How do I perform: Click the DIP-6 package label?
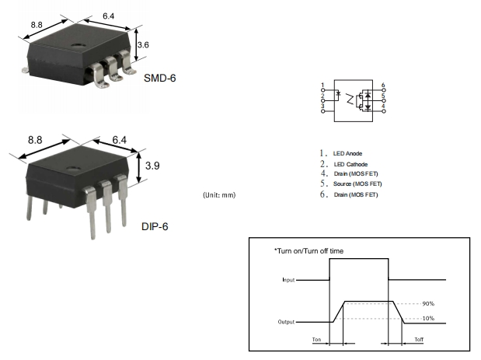click(154, 226)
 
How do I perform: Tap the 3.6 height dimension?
click(142, 46)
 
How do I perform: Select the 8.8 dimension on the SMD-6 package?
click(37, 26)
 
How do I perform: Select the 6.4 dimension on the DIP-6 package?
click(119, 140)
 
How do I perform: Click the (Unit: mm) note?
click(218, 194)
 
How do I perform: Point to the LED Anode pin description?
click(347, 153)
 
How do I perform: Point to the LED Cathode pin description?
click(350, 164)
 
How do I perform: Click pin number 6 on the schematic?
click(383, 84)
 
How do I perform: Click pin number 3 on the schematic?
click(322, 105)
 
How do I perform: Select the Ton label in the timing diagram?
click(315, 340)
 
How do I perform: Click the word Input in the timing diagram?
click(288, 279)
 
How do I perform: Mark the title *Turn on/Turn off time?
click(308, 250)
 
